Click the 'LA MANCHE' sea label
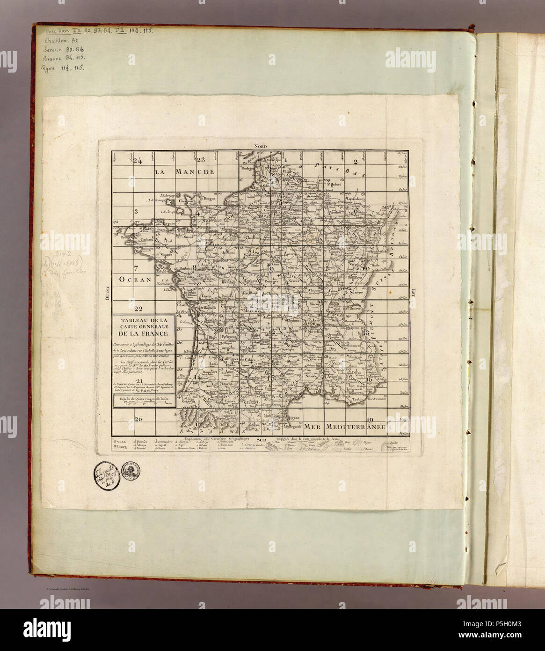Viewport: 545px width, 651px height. coord(185,171)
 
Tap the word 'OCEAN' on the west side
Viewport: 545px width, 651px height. coord(136,280)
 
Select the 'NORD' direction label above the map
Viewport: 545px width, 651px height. coord(260,147)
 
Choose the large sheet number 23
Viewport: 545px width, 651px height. coord(201,160)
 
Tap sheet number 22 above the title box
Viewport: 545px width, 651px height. coord(138,309)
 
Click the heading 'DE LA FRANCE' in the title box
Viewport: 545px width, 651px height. coord(143,333)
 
